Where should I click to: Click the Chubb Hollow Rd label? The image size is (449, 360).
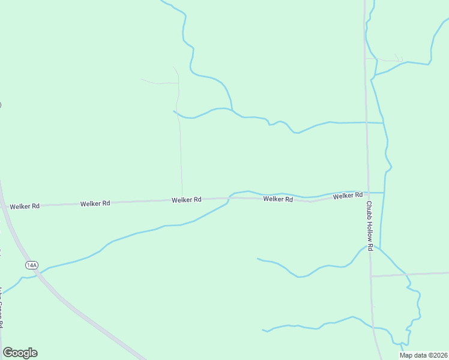[370, 226]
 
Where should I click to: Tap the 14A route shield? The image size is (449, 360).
[32, 265]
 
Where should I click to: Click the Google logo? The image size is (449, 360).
[20, 353]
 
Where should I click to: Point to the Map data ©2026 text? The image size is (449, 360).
[423, 355]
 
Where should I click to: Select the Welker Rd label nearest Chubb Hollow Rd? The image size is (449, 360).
[348, 196]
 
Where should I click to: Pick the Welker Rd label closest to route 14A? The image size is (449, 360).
[25, 206]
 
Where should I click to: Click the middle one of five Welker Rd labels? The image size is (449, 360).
[186, 200]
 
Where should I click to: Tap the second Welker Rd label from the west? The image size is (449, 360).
[95, 203]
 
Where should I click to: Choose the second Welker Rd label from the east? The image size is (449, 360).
[277, 199]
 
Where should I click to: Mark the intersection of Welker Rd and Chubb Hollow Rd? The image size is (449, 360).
[369, 194]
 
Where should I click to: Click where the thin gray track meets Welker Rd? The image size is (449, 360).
[182, 199]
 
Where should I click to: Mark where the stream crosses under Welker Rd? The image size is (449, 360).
[229, 197]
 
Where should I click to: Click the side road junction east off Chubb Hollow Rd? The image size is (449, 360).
[371, 276]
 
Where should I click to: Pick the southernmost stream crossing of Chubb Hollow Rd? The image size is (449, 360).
[373, 328]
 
